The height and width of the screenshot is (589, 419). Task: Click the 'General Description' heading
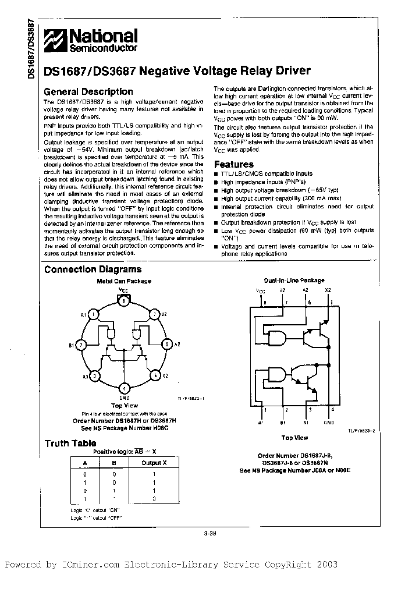pyautogui.click(x=88, y=91)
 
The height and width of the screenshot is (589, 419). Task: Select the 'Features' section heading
pyautogui.click(x=234, y=165)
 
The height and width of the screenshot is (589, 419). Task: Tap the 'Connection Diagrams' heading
pyautogui.click(x=93, y=269)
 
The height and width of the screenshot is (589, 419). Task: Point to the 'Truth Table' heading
pyautogui.click(x=70, y=443)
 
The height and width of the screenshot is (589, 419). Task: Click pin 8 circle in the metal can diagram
pyautogui.click(x=123, y=301)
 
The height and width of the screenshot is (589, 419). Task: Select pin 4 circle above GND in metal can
pyautogui.click(x=123, y=388)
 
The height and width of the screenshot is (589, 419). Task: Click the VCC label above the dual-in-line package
pyautogui.click(x=260, y=289)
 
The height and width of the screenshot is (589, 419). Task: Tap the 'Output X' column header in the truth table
pyautogui.click(x=154, y=463)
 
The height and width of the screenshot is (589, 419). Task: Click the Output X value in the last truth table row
pyautogui.click(x=154, y=499)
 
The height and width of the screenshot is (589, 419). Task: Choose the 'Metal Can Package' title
pyautogui.click(x=123, y=281)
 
